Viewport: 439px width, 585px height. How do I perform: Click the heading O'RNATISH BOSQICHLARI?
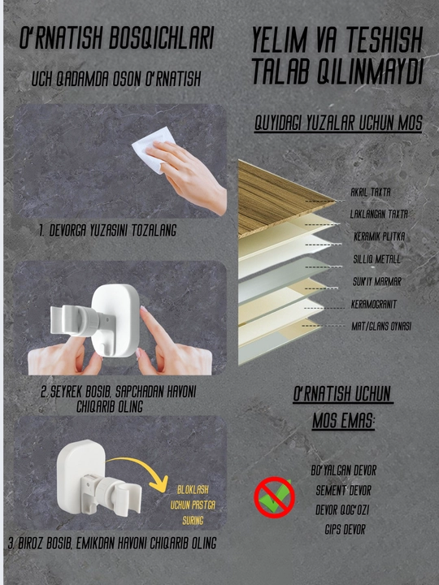point(116,37)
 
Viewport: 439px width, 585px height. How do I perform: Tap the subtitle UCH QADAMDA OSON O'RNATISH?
point(116,78)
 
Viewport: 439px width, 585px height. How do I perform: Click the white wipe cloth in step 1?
point(153,149)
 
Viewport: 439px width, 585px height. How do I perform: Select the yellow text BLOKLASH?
point(193,489)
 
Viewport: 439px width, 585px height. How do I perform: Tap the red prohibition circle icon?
point(275,497)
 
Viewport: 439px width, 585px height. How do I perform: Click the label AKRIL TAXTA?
point(371,192)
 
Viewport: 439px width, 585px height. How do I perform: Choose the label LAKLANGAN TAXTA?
point(379,214)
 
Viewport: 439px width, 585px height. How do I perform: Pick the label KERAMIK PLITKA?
point(380,236)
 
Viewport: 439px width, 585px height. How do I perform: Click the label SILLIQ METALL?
point(377,259)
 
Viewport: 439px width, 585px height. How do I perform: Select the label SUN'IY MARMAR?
point(377,281)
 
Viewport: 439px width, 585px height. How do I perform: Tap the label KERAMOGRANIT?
point(374,304)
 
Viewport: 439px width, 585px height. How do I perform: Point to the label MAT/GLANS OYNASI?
point(381,326)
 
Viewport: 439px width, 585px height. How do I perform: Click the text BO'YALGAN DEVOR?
point(343,470)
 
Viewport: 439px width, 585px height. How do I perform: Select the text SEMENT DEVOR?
point(343,490)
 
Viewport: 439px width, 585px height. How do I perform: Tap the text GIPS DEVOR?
point(345,529)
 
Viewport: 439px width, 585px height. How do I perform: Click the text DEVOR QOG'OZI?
point(342,509)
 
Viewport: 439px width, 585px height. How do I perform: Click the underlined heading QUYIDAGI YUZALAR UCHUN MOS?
point(338,123)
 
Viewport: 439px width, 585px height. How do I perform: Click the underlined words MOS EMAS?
point(343,421)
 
